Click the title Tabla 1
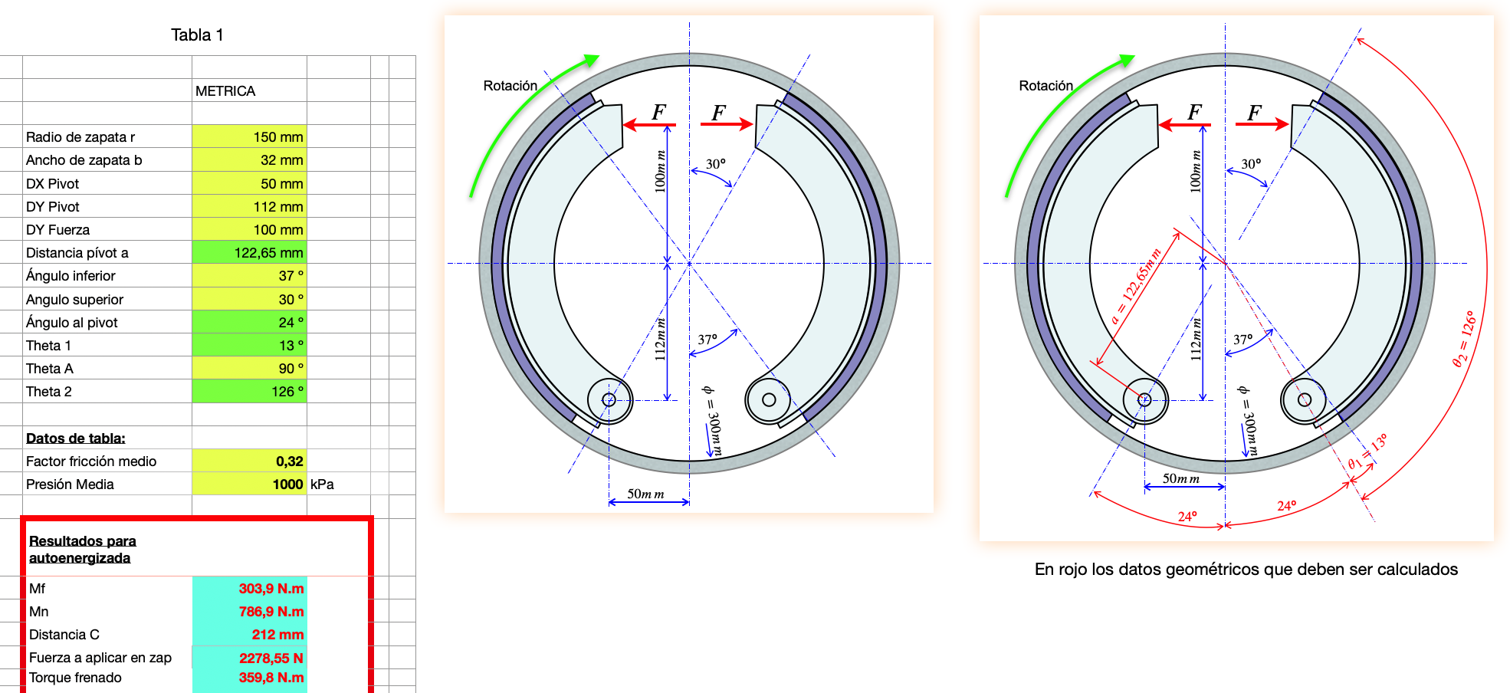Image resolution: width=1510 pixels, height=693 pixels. click(x=197, y=35)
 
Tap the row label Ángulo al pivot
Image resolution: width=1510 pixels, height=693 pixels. click(x=72, y=323)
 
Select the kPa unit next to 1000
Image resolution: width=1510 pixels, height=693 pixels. click(x=322, y=484)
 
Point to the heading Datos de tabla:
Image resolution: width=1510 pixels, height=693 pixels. click(x=76, y=438)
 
